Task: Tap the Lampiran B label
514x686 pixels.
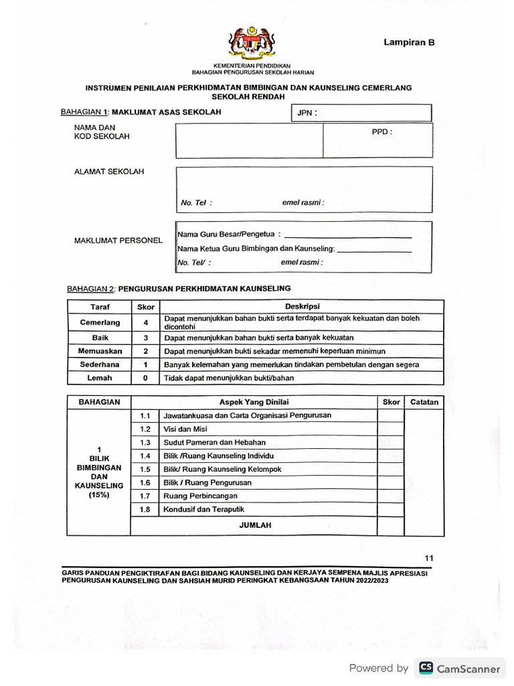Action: point(409,42)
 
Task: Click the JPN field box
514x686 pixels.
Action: point(361,113)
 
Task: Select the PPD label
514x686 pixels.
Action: point(381,132)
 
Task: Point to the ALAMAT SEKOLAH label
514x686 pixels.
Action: point(108,171)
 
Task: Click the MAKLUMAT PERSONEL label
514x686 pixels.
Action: point(118,240)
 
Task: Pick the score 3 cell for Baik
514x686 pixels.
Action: point(145,338)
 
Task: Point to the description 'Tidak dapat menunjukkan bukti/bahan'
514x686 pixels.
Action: point(229,378)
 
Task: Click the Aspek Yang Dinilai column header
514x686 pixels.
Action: point(254,402)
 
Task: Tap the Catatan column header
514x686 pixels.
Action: point(424,402)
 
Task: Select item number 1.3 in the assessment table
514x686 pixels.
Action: point(145,442)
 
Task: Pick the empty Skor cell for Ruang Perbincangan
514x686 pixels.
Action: point(391,496)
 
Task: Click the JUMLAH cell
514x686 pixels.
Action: point(254,525)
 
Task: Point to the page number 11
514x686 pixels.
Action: point(429,557)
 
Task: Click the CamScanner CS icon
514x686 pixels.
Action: point(425,668)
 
